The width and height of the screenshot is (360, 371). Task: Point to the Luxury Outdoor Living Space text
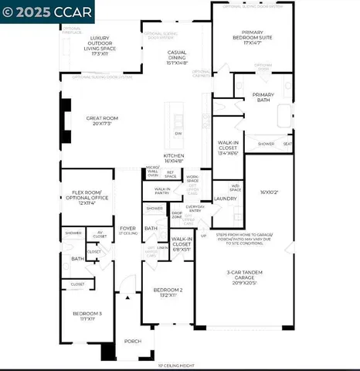pyautogui.click(x=99, y=43)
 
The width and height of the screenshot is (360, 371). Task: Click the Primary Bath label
pyautogui.click(x=264, y=97)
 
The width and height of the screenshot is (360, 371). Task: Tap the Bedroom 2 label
pyautogui.click(x=168, y=292)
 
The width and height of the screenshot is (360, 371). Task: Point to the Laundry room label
pyautogui.click(x=225, y=199)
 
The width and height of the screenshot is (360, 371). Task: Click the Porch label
pyautogui.click(x=133, y=341)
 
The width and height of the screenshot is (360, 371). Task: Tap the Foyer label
pyautogui.click(x=127, y=230)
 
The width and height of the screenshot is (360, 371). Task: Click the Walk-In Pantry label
pyautogui.click(x=162, y=189)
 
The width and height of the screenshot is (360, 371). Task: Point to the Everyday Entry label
pyautogui.click(x=195, y=208)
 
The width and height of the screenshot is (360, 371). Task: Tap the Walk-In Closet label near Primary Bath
pyautogui.click(x=231, y=148)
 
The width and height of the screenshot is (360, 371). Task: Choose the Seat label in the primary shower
pyautogui.click(x=287, y=144)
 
